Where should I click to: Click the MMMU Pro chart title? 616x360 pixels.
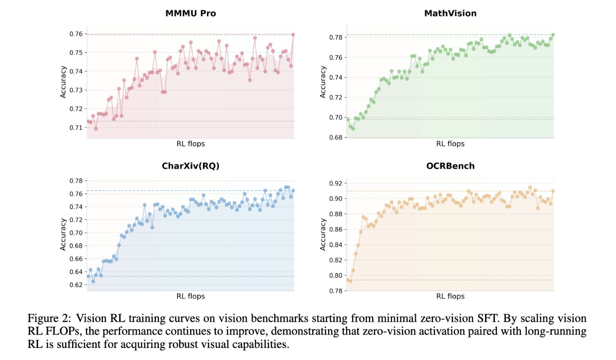coord(190,13)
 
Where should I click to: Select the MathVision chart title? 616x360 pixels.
coord(450,13)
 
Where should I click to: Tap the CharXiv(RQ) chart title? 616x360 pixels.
coord(190,166)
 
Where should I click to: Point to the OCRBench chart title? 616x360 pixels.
coord(450,166)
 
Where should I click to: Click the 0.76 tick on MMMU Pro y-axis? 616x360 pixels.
coord(76,34)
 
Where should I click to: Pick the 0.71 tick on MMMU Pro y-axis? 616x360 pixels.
coord(76,127)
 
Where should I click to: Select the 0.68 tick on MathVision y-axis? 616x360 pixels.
coord(336,137)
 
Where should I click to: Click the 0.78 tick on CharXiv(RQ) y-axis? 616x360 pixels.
coord(76,181)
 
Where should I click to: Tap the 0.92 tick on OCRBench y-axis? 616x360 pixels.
coord(336,183)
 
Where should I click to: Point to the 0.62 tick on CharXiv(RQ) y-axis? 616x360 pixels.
coord(76,285)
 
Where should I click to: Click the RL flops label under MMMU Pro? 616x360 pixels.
coord(190,144)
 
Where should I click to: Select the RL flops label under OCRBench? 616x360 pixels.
coord(450,296)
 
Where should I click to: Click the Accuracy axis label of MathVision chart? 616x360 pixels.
coord(323,82)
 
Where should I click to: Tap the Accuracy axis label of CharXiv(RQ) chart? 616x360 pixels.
coord(63,234)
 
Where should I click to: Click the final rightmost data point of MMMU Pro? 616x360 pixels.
coord(293,35)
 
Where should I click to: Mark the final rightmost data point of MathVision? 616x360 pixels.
coord(553,35)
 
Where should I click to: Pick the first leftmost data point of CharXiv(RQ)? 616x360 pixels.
coord(88,276)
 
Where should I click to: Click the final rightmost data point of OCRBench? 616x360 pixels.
coord(553,191)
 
